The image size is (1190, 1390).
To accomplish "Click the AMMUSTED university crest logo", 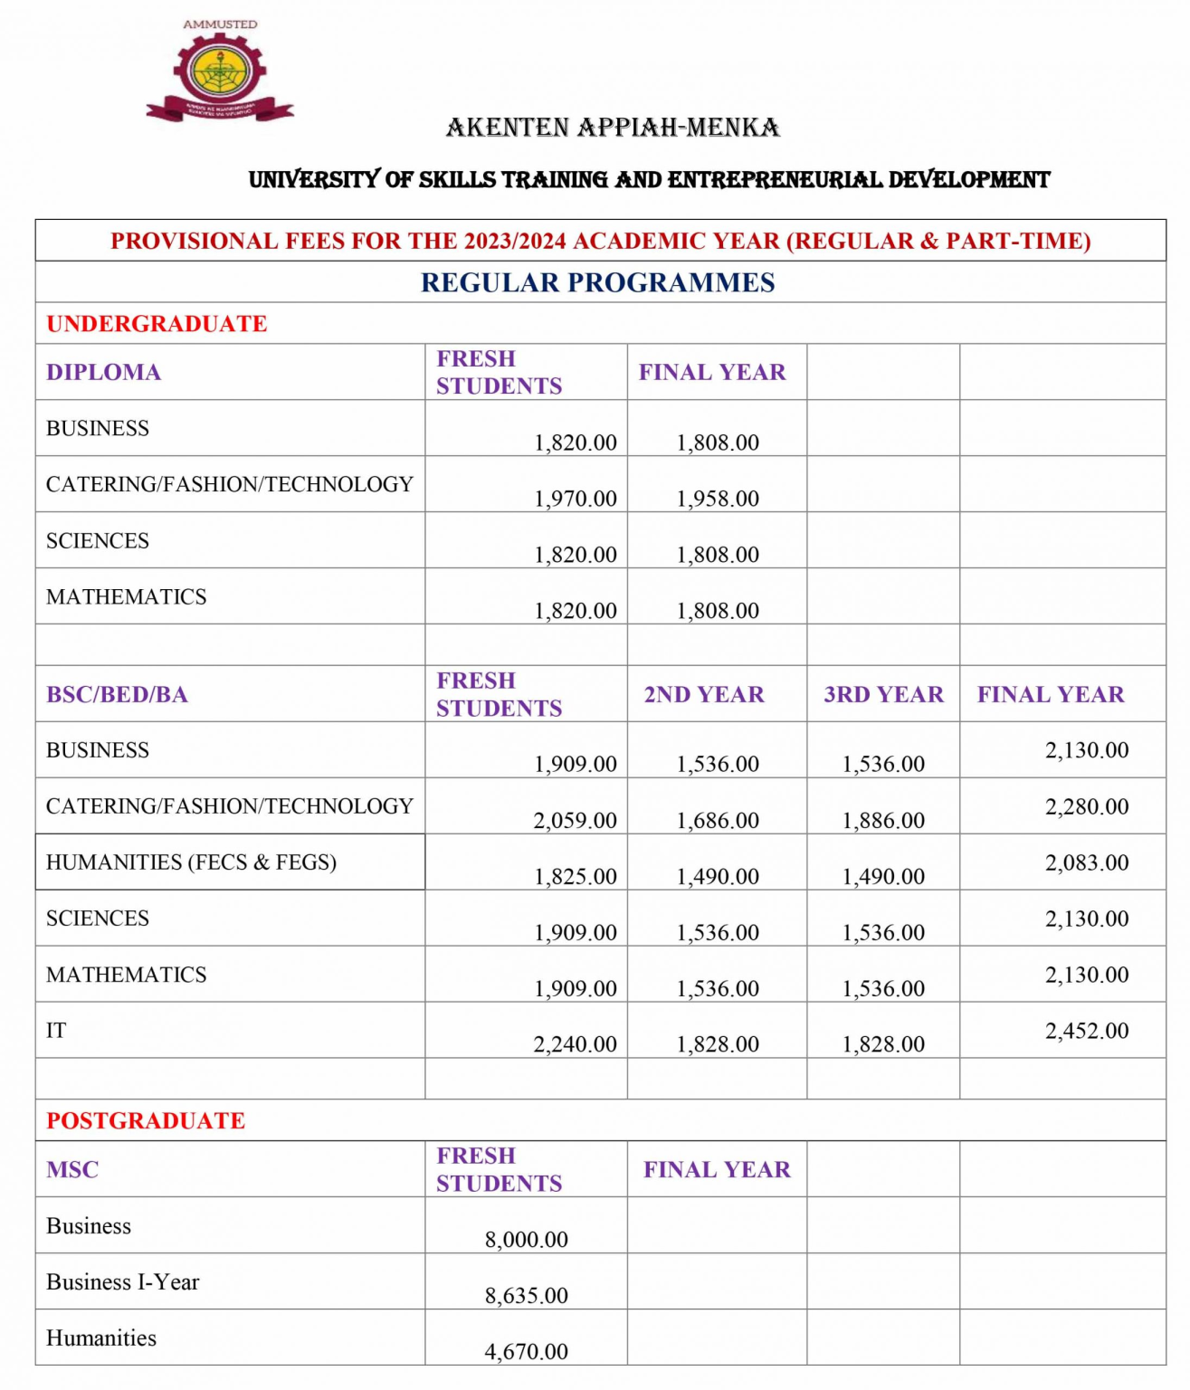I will [220, 72].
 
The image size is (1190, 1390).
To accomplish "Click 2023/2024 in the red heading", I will [515, 242].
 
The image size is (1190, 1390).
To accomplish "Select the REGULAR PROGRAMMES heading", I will [597, 282].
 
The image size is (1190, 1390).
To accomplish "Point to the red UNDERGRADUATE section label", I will [157, 324].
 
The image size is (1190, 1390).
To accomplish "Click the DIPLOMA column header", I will [103, 372].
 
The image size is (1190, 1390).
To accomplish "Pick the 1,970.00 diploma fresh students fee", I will [575, 499].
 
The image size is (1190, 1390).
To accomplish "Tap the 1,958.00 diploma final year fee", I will [718, 499].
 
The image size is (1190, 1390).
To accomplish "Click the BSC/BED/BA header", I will [117, 694].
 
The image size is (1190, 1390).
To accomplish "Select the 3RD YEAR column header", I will [883, 694].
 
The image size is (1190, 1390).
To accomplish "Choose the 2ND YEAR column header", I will [704, 694].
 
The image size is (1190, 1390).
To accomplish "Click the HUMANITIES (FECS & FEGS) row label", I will [191, 862].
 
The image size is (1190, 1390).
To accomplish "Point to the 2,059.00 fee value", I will [575, 821].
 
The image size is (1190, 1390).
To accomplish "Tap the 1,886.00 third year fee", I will [883, 821].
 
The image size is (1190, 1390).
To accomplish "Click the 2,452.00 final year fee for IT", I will [1087, 1031].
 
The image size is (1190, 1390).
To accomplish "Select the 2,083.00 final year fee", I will [1087, 862].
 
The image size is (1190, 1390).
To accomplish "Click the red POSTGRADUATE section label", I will [146, 1120].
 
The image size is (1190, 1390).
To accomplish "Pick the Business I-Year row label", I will [122, 1282].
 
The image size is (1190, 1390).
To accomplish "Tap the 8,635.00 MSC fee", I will [526, 1296].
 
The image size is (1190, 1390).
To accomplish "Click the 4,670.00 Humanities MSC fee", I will [526, 1352].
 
